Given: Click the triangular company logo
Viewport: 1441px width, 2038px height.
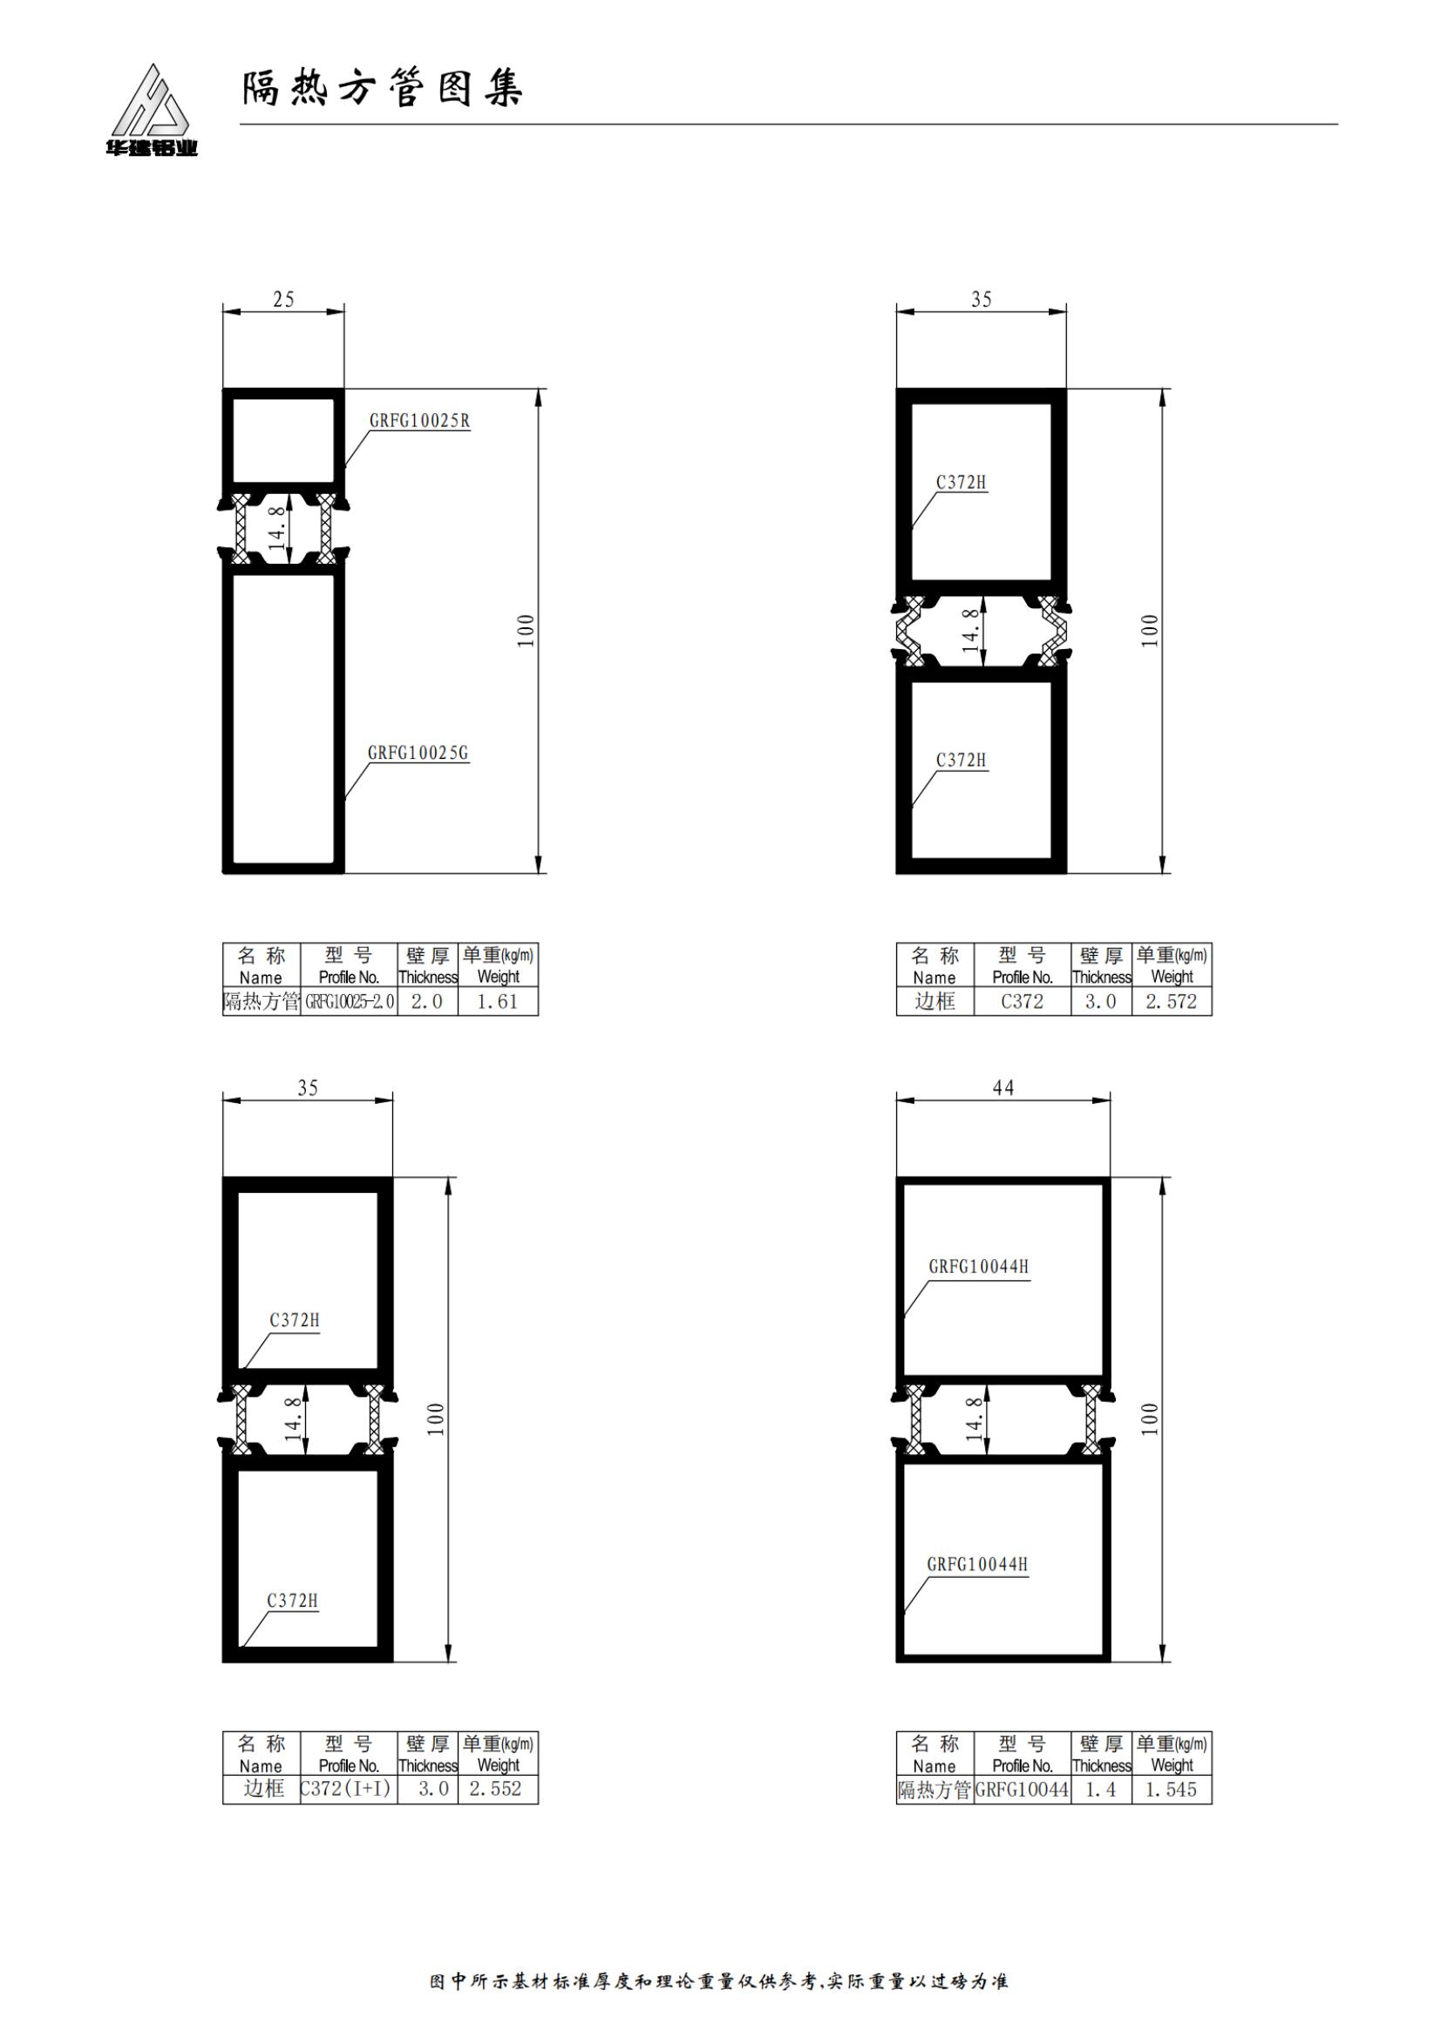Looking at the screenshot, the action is point(150,100).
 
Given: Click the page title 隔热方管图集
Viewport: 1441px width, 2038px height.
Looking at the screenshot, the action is point(383,89).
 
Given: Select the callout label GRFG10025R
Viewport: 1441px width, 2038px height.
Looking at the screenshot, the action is point(420,421).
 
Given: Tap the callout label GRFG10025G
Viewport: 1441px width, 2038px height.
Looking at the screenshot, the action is point(418,753).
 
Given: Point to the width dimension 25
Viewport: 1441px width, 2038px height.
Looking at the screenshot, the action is point(283,299).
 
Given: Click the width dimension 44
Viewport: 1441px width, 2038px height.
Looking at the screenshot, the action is point(1003,1087).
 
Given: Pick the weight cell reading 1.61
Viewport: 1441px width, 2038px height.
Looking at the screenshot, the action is point(497,1002).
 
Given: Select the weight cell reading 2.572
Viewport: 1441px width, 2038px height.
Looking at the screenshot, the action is point(1171,1002).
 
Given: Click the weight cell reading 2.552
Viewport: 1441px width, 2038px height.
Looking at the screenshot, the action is point(496,1789).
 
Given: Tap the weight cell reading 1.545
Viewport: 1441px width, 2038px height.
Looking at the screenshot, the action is point(1171,1790).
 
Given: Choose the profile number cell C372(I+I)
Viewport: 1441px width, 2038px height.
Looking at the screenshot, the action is point(346,1789).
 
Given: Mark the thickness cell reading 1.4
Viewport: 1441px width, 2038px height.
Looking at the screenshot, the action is point(1101,1790).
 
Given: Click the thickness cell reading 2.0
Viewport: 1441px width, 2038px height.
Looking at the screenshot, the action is point(427,1002).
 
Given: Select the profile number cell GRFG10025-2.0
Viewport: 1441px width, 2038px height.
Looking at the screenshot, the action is point(349,1002).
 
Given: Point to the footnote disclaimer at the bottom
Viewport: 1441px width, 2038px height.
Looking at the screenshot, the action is point(719,1981).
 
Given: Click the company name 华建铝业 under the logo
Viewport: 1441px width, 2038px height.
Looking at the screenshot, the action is point(151,149).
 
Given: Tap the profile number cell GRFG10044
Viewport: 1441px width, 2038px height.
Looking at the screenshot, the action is point(1022,1790).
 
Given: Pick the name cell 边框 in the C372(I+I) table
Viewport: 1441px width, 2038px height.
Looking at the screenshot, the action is point(262,1789).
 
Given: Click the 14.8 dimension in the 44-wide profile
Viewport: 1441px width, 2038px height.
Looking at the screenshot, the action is point(973,1418).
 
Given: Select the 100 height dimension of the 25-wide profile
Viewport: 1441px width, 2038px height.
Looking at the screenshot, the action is point(527,631).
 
